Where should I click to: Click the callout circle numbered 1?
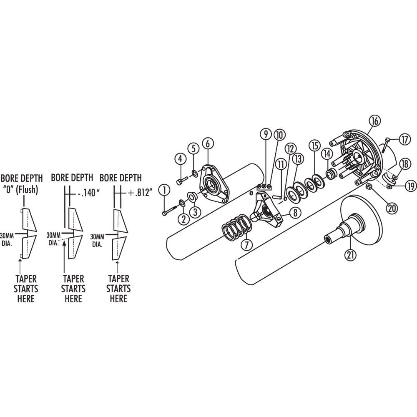click(x=166, y=191)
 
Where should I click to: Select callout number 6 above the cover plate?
click(x=208, y=143)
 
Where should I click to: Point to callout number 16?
click(x=374, y=121)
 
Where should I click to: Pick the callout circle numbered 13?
click(x=297, y=158)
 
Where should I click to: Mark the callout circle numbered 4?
click(x=180, y=159)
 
